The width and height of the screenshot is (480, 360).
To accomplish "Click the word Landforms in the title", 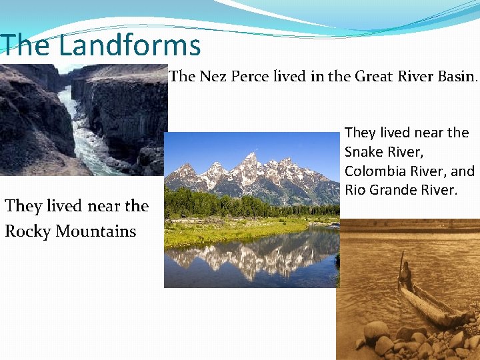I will point(129,45).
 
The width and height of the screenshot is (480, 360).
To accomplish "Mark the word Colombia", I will point(374,171).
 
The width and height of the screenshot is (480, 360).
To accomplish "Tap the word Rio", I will point(355,191).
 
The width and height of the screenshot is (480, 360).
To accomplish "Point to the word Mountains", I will point(96,232).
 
